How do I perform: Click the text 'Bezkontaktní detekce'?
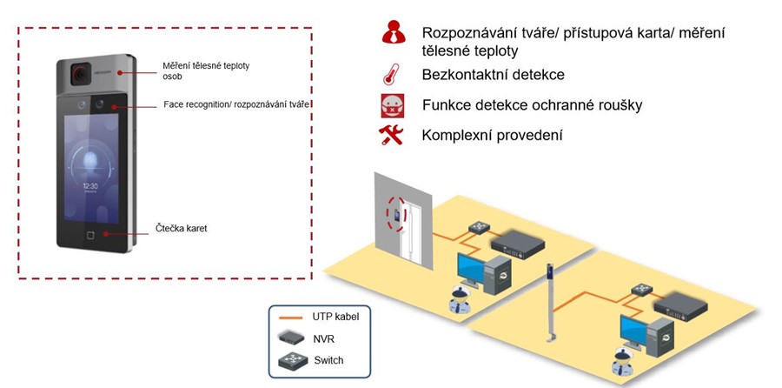pos(493,76)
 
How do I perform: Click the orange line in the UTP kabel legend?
pos(291,317)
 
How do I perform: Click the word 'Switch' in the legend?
pos(328,360)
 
